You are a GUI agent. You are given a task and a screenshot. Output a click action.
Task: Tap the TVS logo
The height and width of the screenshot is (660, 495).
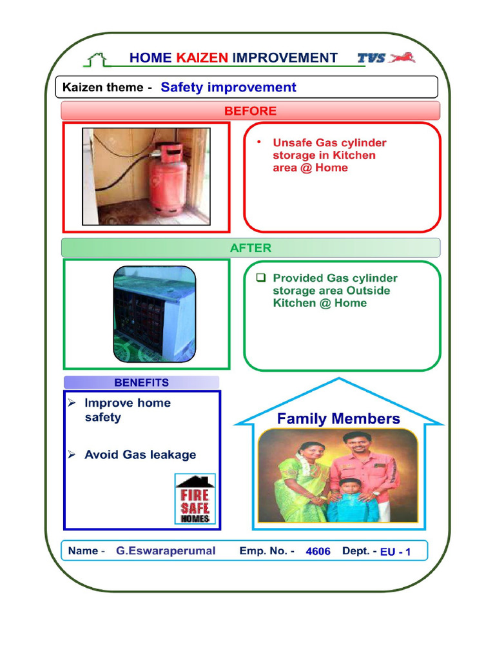coord(386,57)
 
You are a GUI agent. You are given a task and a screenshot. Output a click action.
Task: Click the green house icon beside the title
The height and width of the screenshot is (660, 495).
coord(96,59)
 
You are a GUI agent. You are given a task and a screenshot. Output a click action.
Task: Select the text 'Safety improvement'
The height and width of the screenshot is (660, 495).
coord(228,88)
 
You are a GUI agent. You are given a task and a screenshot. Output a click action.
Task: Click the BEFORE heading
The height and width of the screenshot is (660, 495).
coord(250,111)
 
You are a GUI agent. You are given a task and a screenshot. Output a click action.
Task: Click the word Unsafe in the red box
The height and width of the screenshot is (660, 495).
coord(293,142)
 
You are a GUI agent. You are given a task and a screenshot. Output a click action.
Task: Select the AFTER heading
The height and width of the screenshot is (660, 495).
coord(250,247)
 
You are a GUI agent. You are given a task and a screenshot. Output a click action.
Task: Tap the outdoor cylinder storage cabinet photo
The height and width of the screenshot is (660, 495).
coord(155,314)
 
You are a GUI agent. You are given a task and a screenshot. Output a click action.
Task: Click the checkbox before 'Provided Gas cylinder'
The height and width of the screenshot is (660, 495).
coord(261,278)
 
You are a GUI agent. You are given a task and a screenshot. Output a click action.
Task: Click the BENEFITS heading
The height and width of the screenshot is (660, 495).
coord(141,383)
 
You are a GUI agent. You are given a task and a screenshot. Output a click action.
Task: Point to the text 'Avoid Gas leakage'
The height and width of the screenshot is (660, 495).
coord(140,454)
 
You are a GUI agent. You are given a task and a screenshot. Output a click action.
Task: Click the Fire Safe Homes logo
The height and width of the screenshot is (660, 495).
coord(195,499)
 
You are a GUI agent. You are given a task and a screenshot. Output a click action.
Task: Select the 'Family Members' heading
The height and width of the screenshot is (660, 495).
coord(338,419)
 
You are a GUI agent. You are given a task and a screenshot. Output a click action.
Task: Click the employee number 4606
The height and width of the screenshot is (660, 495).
coord(318,552)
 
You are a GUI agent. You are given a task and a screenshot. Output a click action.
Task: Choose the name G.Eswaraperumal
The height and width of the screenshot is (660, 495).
coord(166,551)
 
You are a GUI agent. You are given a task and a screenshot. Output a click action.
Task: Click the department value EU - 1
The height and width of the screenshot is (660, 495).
coord(395,552)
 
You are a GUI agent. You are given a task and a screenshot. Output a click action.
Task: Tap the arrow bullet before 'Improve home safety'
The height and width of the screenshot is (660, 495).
coord(72,403)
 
